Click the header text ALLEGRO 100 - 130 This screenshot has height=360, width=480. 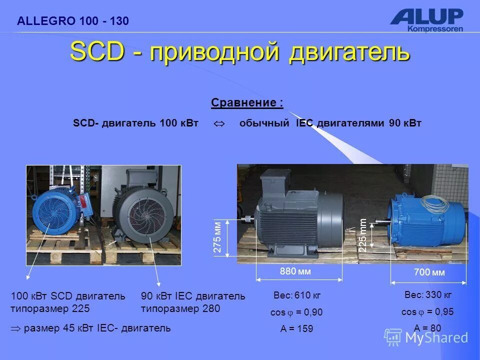click(x=72, y=21)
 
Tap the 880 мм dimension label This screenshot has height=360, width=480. click(x=295, y=271)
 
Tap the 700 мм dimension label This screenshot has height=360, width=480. click(x=429, y=272)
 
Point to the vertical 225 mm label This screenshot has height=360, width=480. click(x=363, y=235)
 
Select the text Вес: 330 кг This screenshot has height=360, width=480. click(x=427, y=294)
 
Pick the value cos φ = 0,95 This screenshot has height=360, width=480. click(x=427, y=311)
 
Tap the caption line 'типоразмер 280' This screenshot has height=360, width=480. click(x=180, y=308)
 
